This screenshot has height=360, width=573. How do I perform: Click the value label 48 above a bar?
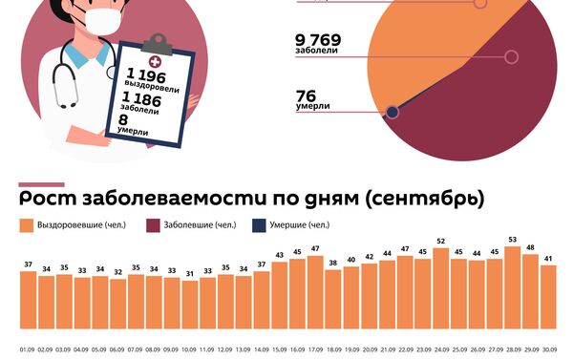pyautogui.click(x=530, y=245)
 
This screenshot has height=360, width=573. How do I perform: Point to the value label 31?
pyautogui.click(x=189, y=273)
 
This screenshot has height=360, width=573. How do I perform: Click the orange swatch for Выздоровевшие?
pyautogui.click(x=26, y=226)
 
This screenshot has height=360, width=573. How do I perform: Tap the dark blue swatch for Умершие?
pyautogui.click(x=258, y=226)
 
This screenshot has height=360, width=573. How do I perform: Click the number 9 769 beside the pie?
pyautogui.click(x=319, y=41)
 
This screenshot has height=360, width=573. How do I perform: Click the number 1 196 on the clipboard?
pyautogui.click(x=146, y=74)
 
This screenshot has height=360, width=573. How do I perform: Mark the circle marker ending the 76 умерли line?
pyautogui.click(x=393, y=112)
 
